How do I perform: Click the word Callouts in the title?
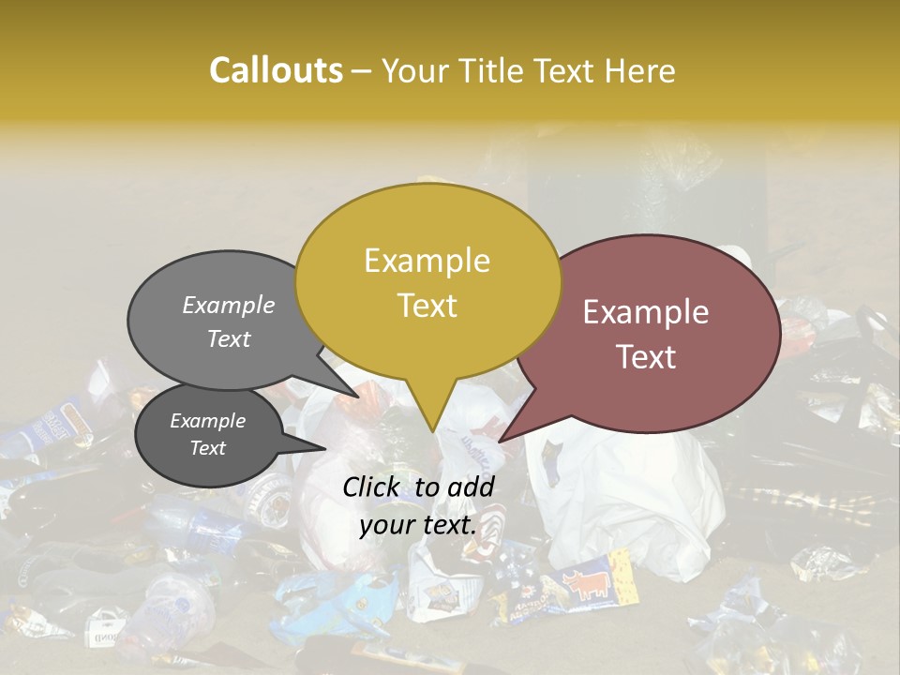click(x=276, y=70)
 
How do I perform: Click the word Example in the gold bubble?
click(x=427, y=261)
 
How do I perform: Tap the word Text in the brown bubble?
click(x=647, y=357)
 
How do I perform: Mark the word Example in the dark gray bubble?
click(x=207, y=421)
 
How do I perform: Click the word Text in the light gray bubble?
click(x=229, y=338)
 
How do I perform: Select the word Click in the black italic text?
click(x=374, y=487)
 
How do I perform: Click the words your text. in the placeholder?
click(x=417, y=525)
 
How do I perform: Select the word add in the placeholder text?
click(x=471, y=487)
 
